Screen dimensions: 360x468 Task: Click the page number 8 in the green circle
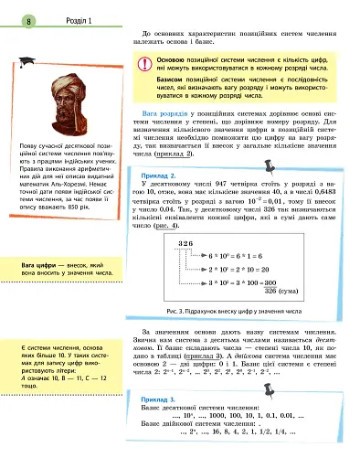[x=29, y=20]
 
